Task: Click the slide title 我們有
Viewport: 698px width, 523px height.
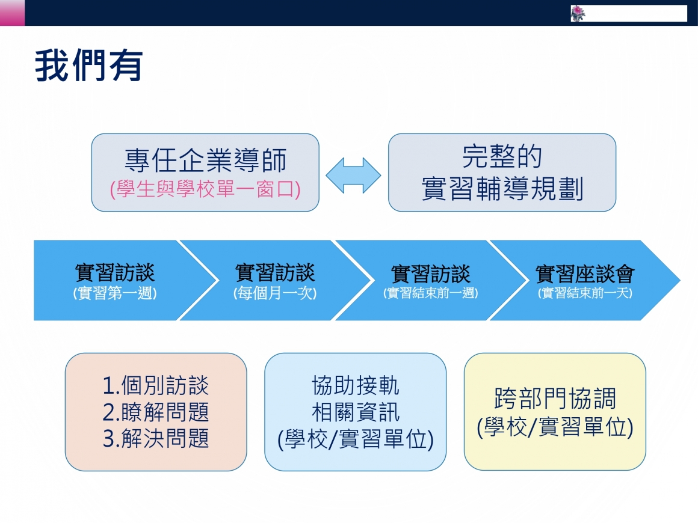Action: (89, 66)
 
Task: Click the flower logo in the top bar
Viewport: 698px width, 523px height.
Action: (578, 13)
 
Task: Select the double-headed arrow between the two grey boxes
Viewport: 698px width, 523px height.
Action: (353, 175)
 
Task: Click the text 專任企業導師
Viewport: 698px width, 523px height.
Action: (205, 160)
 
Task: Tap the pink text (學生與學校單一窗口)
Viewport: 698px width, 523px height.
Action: (205, 189)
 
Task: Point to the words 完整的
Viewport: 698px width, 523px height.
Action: (502, 156)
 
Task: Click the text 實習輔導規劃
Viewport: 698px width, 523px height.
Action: (502, 189)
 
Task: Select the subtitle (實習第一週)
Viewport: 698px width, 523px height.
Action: (115, 293)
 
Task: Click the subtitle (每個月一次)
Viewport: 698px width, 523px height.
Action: (275, 293)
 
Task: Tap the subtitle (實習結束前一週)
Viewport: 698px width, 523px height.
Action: (430, 293)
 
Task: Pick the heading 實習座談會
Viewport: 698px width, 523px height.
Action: (585, 274)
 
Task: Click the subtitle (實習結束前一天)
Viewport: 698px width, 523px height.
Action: (585, 293)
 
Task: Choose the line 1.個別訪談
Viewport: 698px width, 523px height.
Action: (156, 385)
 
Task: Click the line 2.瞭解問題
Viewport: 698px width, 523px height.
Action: (156, 412)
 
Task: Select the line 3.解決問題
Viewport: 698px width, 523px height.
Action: (156, 438)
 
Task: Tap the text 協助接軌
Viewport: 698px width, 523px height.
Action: (355, 385)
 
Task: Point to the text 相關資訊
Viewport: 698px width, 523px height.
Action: (355, 412)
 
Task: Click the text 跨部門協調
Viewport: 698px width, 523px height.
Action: (555, 398)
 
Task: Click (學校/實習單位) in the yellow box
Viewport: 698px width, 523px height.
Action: (555, 427)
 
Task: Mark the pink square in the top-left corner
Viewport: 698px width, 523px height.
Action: (12, 13)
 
